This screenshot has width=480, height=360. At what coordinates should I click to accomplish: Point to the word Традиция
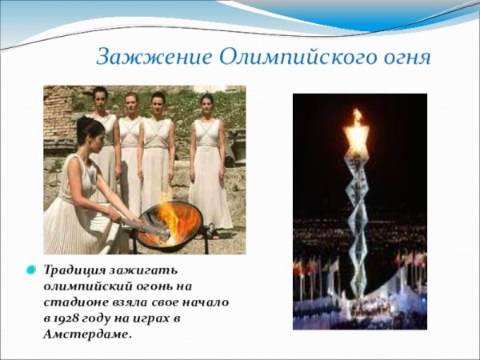coord(74,270)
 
